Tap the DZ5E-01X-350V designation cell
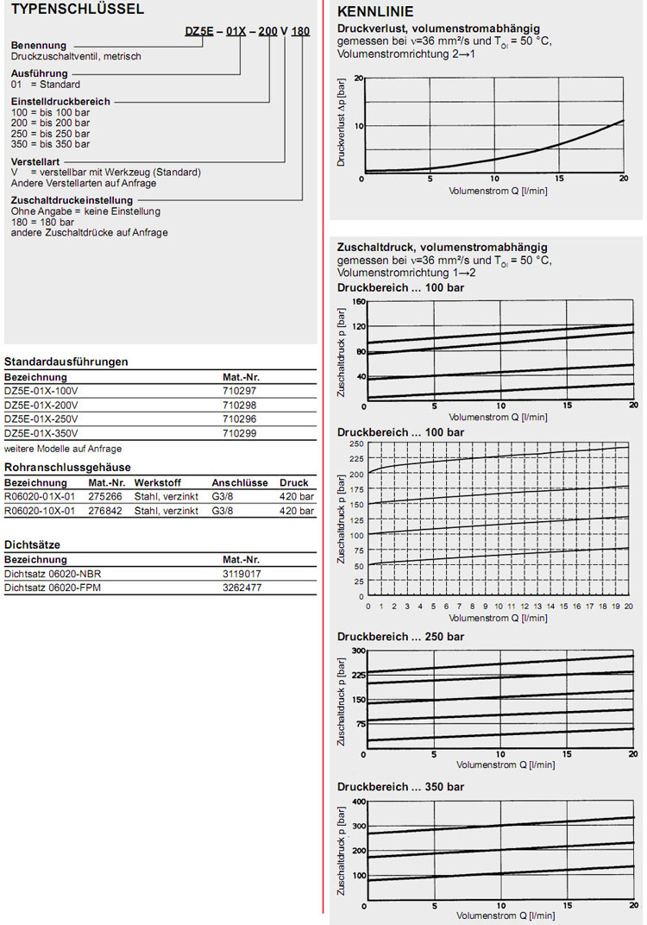[41, 432]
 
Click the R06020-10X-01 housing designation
[40, 511]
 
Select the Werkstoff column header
[156, 483]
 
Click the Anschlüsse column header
[240, 483]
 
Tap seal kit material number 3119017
[242, 574]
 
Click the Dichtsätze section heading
[32, 545]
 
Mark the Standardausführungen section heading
[66, 362]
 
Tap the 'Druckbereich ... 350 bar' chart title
[400, 787]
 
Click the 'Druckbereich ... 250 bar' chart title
[400, 637]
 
